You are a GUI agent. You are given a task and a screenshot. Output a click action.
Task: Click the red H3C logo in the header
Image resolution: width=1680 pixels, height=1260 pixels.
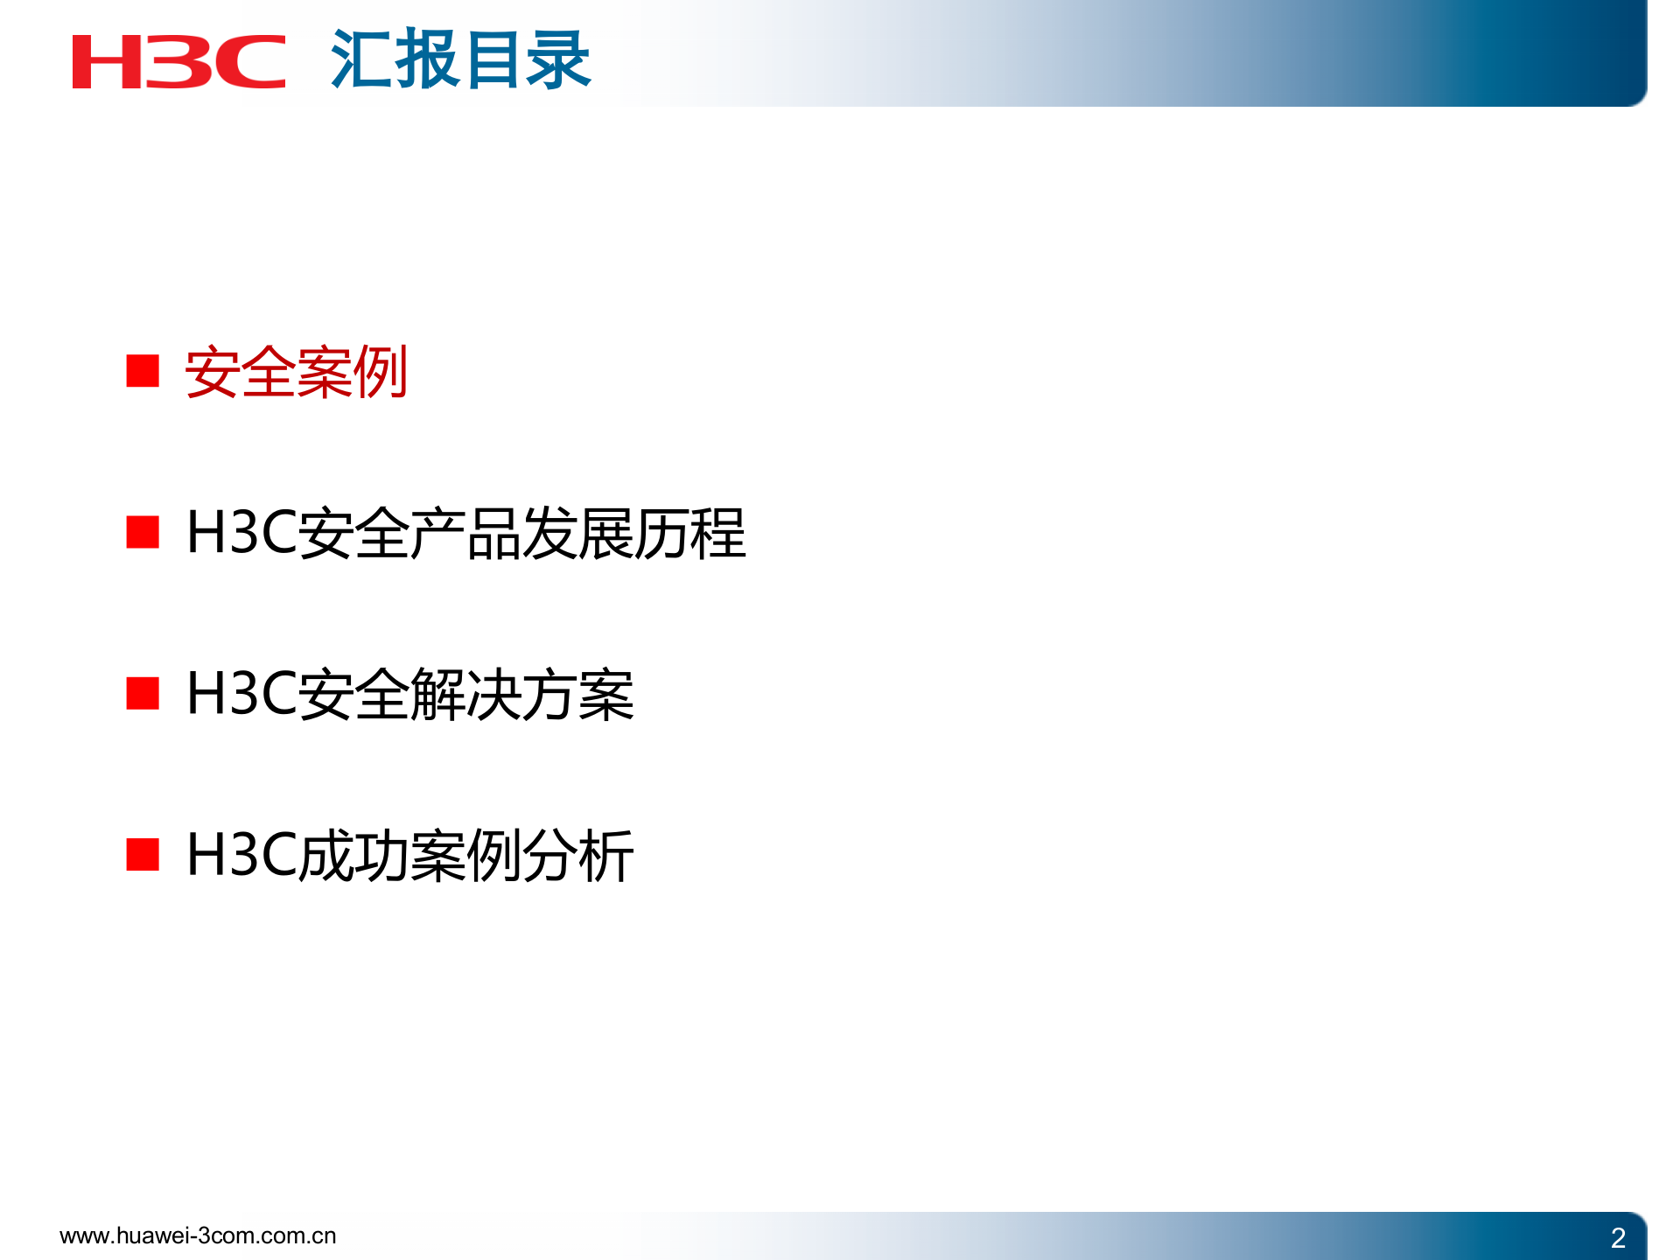coord(178,61)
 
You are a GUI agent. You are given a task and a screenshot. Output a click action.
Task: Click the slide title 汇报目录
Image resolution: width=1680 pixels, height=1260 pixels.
coord(460,59)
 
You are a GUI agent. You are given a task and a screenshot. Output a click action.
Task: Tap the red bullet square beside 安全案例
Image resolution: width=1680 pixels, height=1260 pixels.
coord(143,371)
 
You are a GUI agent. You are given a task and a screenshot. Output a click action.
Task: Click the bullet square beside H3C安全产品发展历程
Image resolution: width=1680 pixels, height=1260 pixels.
coord(143,532)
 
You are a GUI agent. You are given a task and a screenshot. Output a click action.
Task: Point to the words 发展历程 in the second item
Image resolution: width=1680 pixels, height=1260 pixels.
coord(634,534)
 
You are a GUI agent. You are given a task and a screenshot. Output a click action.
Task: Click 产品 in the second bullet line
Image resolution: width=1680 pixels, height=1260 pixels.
coord(465,534)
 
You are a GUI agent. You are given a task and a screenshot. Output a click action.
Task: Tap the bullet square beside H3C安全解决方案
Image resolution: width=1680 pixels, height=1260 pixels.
coord(143,693)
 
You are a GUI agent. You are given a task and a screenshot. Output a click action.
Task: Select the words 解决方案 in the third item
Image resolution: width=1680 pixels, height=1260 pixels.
coord(521,695)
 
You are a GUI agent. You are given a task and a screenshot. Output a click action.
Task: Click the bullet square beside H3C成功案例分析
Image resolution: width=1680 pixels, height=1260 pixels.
coord(143,855)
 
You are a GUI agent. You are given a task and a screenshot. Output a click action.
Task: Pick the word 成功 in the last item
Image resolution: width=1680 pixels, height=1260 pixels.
coord(353,856)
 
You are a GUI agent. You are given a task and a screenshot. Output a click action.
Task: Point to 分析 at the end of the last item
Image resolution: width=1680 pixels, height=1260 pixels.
coord(578,856)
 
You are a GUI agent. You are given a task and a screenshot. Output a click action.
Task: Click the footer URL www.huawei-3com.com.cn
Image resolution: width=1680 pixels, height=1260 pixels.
coord(198,1235)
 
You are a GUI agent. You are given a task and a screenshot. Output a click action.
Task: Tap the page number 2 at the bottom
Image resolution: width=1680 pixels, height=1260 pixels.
coord(1618,1237)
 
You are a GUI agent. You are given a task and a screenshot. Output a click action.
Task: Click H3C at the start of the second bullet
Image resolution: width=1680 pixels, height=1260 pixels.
coord(241,533)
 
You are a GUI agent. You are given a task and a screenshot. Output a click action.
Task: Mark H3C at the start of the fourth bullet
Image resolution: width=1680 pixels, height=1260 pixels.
coord(241,855)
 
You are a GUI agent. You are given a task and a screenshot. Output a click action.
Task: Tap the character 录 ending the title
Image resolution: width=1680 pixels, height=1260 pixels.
coord(558,59)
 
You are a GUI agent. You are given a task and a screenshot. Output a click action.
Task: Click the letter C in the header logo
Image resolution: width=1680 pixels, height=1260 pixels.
coord(250,61)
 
